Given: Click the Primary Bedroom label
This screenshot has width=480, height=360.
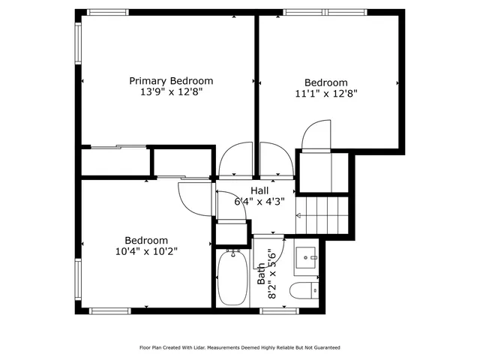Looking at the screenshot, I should [171, 81].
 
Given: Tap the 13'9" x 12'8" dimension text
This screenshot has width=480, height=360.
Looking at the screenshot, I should [171, 92].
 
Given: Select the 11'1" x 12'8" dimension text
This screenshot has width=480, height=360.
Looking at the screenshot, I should [325, 94].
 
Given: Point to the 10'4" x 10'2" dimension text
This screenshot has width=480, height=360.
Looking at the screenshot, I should [146, 251].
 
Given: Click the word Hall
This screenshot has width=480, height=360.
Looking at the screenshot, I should [259, 190].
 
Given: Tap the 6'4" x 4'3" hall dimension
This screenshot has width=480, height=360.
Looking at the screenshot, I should [259, 201].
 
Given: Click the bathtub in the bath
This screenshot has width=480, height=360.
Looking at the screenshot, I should [232, 277].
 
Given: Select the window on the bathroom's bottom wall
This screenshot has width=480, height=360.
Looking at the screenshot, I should [279, 310].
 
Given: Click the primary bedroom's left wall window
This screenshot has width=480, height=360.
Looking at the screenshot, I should [77, 41].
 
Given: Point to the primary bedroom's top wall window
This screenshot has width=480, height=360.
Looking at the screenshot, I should [108, 12].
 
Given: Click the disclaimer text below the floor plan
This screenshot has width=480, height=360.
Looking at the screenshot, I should [240, 348].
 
